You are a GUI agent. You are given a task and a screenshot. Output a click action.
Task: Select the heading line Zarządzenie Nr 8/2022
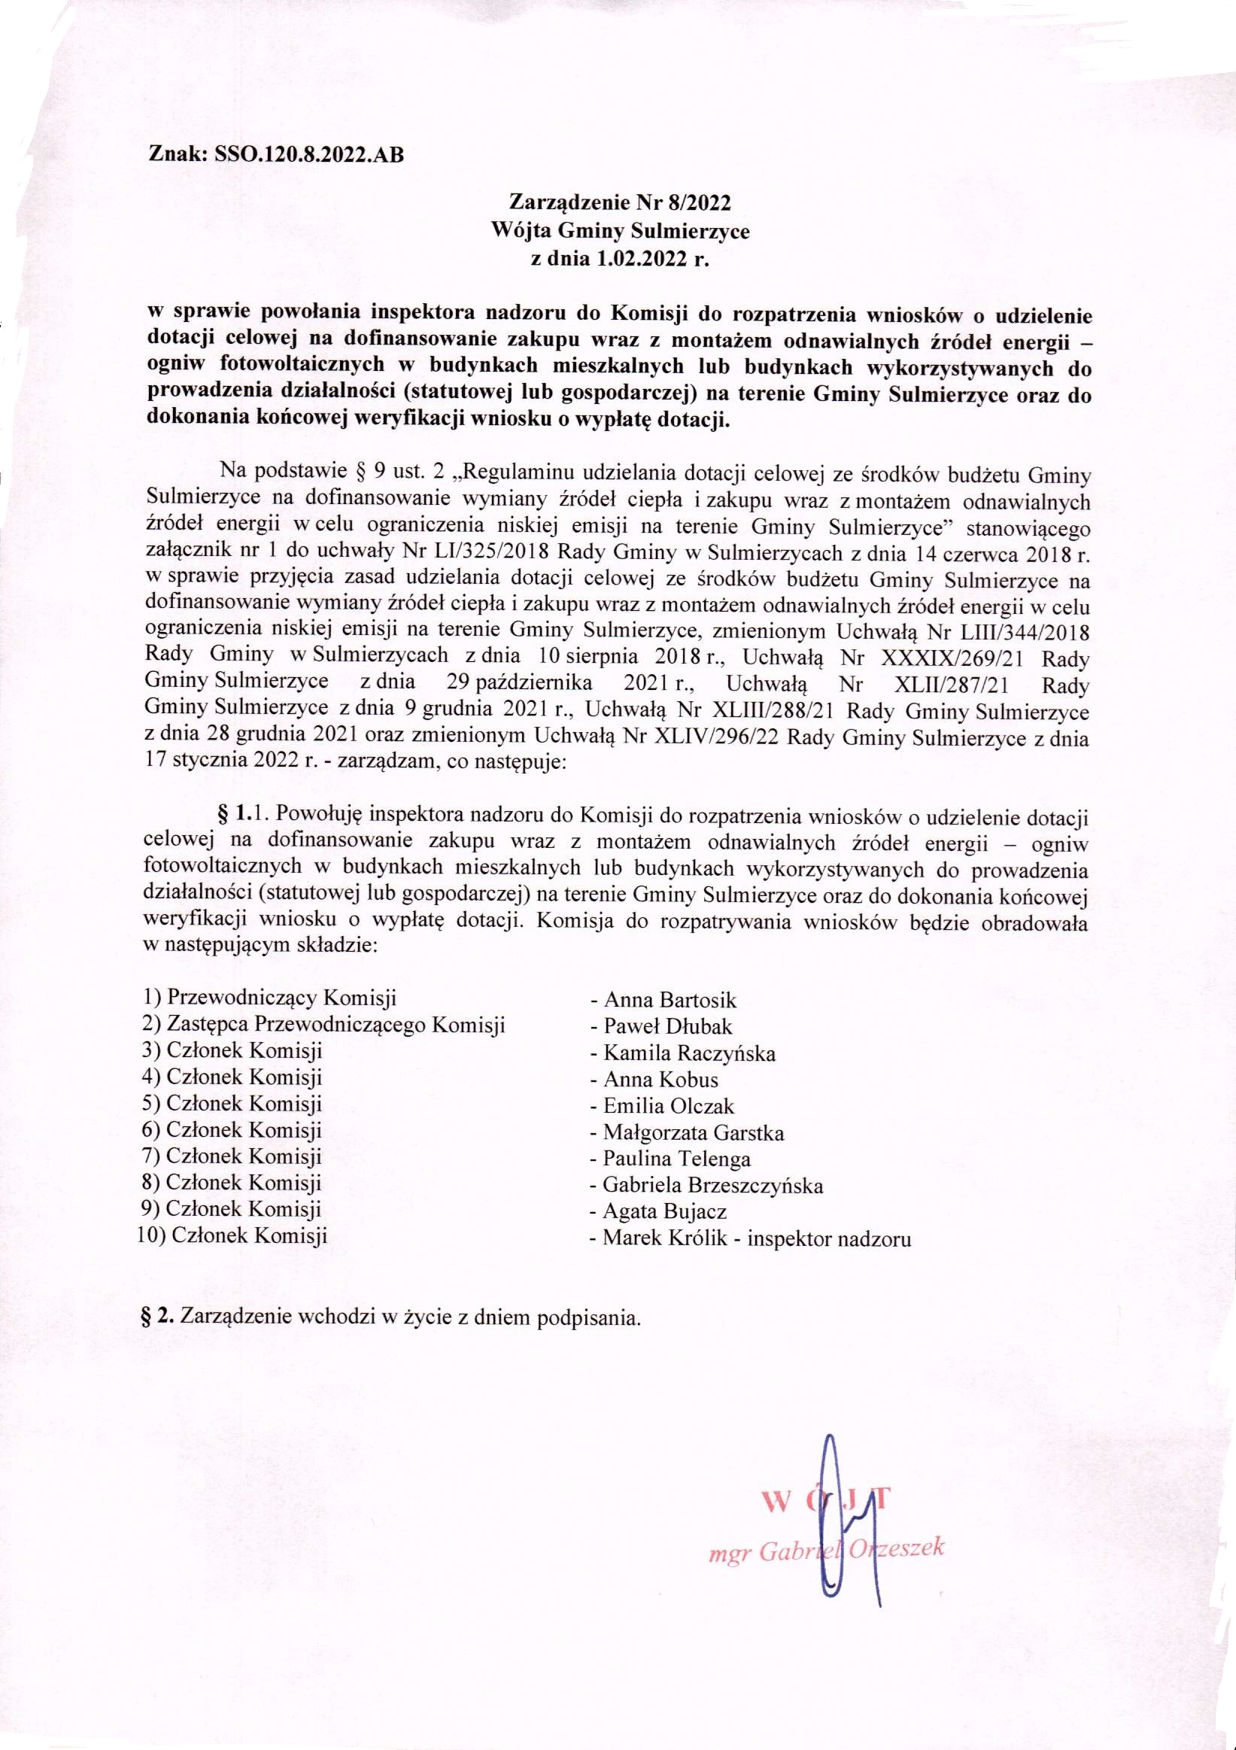pyautogui.click(x=619, y=203)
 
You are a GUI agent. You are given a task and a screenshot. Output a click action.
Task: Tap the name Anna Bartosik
pyautogui.click(x=670, y=999)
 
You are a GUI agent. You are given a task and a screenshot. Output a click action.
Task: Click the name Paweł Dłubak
pyautogui.click(x=667, y=1026)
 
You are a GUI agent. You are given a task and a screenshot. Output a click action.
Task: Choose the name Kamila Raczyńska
pyautogui.click(x=689, y=1053)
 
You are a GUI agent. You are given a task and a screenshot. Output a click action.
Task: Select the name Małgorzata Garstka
pyautogui.click(x=693, y=1132)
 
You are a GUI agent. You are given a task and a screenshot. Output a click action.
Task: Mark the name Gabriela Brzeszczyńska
pyautogui.click(x=712, y=1185)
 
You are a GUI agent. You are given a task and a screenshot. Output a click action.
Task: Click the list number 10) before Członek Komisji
pyautogui.click(x=152, y=1235)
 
